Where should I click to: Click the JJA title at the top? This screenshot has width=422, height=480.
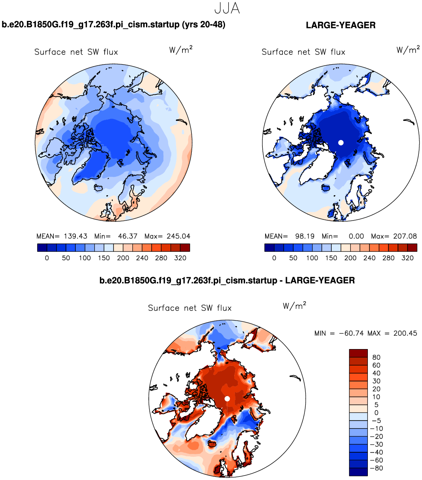pos(227,8)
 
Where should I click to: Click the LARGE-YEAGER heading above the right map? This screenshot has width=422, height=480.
pos(341,25)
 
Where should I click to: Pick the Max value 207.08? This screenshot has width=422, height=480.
pos(404,236)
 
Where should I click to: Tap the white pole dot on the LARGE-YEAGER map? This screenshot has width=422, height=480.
pos(341,143)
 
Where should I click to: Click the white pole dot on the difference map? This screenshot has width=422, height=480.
pos(227,398)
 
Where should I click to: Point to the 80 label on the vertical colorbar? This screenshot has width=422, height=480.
pos(376,357)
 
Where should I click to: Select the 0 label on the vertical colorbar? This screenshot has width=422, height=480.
pos(376,413)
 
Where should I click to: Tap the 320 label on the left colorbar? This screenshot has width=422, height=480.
pos(181,258)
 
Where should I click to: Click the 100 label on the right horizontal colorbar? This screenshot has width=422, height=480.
pos(312,258)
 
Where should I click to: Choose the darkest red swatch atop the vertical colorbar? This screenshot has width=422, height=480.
pos(359,353)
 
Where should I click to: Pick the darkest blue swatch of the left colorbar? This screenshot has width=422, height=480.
pos(42,248)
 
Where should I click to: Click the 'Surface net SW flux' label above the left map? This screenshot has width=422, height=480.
pos(76,52)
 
